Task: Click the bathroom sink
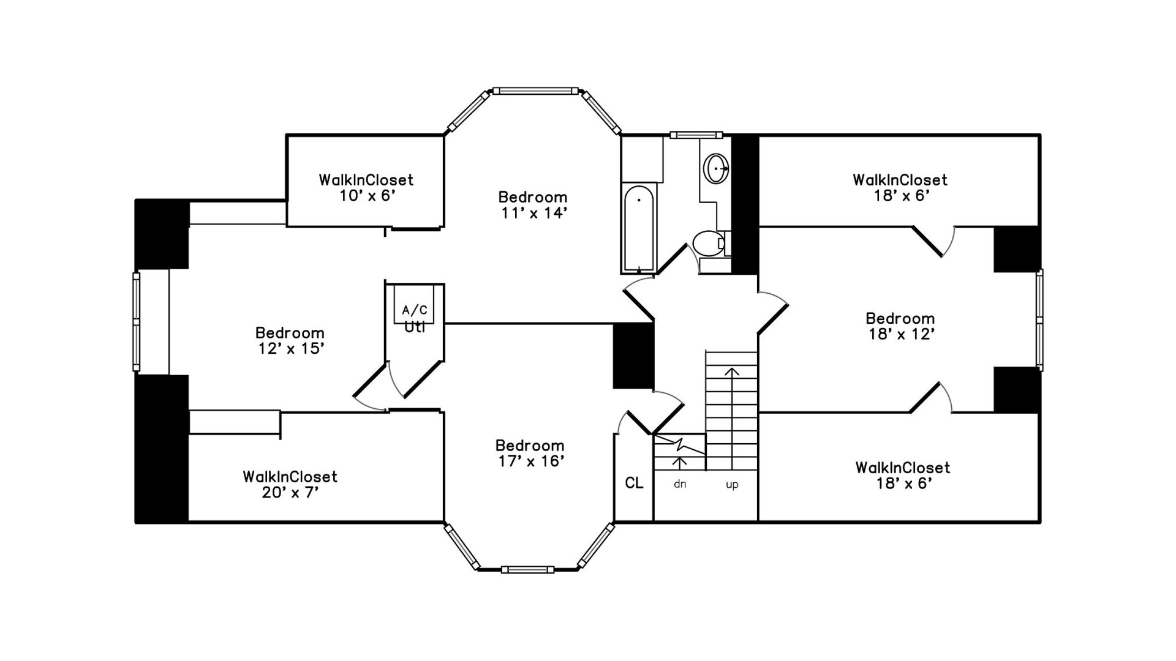[x=715, y=168]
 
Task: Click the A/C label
[x=415, y=310]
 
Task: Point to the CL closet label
[x=634, y=483]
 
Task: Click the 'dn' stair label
[x=680, y=484]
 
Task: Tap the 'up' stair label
[x=732, y=485]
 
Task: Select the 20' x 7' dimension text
[x=290, y=493]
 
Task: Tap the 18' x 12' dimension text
[x=901, y=334]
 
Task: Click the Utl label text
[x=415, y=327]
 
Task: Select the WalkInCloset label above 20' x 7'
[x=290, y=477]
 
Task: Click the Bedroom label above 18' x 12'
[x=900, y=318]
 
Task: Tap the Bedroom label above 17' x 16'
[x=530, y=445]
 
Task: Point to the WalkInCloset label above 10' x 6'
[x=366, y=180]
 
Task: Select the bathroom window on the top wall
[x=696, y=135]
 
